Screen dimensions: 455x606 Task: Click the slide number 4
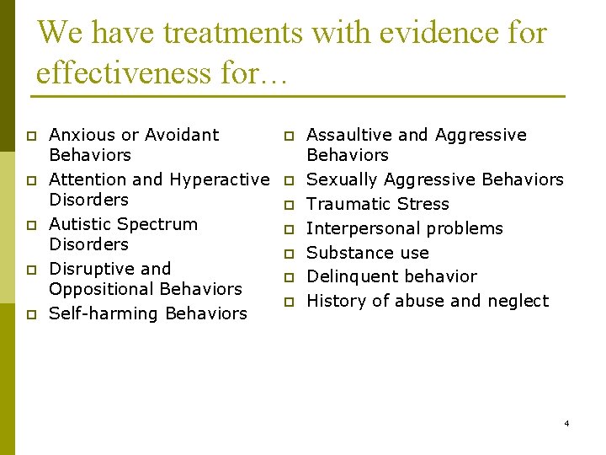[x=566, y=423]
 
